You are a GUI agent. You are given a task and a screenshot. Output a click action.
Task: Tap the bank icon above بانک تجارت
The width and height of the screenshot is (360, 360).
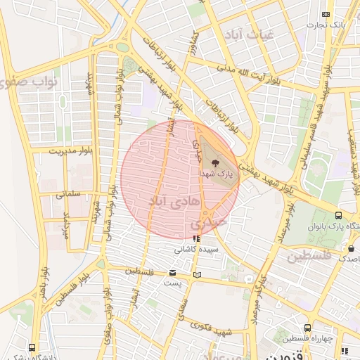coord(326,14)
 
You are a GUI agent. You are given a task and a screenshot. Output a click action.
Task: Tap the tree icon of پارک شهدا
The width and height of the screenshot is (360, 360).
coord(214,162)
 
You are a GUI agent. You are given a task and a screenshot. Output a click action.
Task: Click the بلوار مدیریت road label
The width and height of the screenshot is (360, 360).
coord(72,150)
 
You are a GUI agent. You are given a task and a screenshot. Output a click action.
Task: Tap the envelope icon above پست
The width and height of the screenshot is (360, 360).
coord(173,273)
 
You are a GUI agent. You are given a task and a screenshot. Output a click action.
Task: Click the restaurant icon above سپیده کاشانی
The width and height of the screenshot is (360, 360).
coord(195,238)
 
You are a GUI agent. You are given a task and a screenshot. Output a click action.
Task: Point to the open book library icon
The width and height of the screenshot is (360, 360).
coord(198,274)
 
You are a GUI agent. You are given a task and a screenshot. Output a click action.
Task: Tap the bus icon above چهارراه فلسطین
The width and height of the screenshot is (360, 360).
coord(308,328)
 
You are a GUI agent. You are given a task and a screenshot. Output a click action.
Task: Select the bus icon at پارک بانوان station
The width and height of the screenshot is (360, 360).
coord(339,215)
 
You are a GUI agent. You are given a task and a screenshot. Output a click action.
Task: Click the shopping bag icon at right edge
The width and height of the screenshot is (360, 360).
coord(351,248)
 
